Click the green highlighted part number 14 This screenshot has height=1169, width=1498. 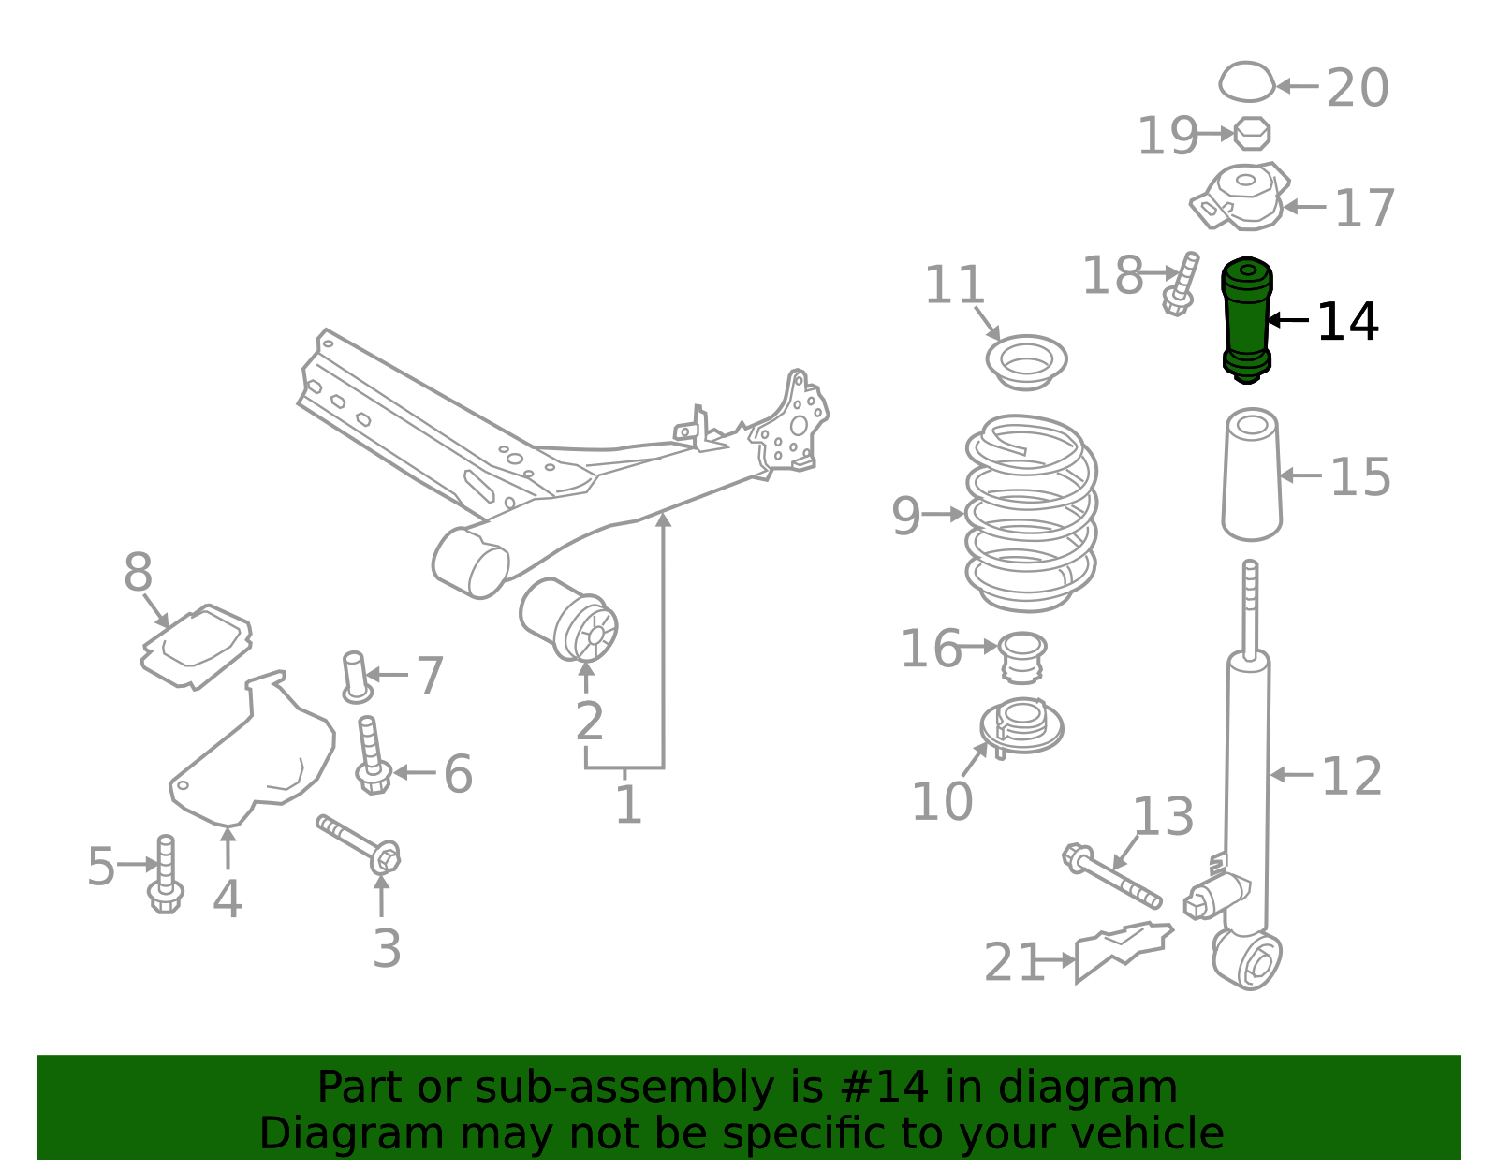click(1246, 320)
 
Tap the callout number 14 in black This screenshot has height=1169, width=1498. click(1347, 322)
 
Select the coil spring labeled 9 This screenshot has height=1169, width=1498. click(1031, 513)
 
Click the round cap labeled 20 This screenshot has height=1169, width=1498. click(1246, 82)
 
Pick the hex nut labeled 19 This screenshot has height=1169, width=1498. click(1252, 134)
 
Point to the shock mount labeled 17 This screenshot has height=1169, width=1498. click(1241, 196)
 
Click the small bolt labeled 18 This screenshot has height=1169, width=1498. click(1182, 284)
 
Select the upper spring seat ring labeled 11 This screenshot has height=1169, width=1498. click(1026, 362)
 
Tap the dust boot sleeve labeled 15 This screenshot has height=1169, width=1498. click(1252, 475)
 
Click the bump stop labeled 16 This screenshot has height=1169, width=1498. click(1022, 658)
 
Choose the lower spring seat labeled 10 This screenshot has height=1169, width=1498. click(1021, 728)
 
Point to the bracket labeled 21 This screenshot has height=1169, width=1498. click(1123, 951)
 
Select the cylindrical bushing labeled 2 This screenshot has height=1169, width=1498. click(568, 620)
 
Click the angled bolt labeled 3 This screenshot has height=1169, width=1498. click(359, 844)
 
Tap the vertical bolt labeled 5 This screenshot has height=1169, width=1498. click(166, 874)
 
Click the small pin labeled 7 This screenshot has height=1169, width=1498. click(357, 677)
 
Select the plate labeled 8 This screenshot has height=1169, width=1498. click(197, 647)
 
